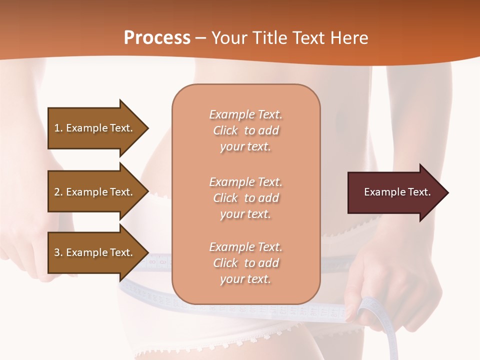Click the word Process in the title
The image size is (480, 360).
click(x=157, y=38)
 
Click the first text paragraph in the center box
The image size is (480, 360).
click(x=245, y=130)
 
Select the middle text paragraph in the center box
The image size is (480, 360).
click(x=245, y=198)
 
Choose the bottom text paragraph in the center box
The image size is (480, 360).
click(x=245, y=263)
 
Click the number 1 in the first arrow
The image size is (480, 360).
click(x=57, y=128)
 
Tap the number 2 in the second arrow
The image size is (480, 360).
click(x=57, y=192)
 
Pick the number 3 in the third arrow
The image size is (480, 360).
click(x=57, y=252)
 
